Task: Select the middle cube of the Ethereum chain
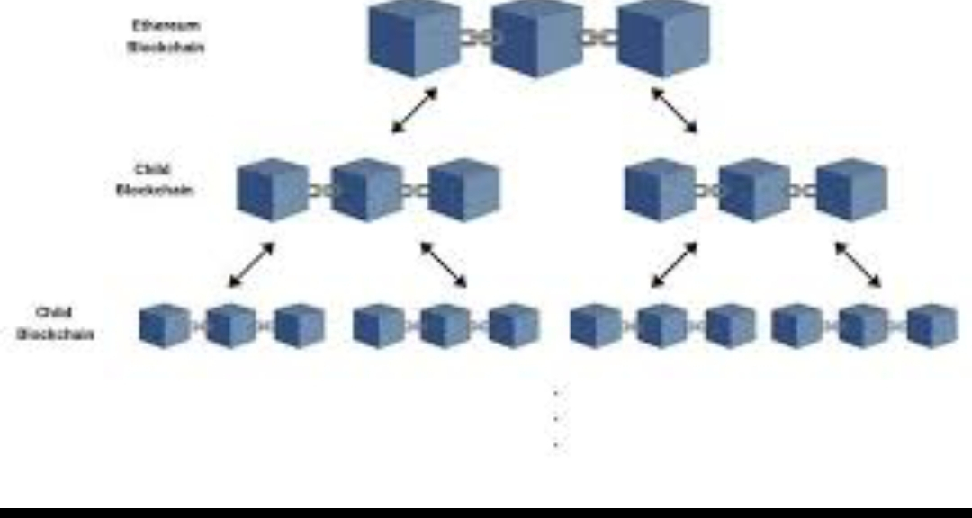[537, 39]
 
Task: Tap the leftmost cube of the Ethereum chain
[415, 39]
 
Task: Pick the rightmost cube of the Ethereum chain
[663, 39]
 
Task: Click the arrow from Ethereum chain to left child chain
[415, 111]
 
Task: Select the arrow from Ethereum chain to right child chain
[674, 110]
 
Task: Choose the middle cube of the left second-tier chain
[366, 190]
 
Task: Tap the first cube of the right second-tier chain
[660, 190]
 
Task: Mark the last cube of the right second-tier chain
[851, 190]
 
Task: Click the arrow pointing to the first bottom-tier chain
[251, 265]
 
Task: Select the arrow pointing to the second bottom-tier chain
[444, 265]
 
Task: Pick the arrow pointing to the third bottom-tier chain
[674, 265]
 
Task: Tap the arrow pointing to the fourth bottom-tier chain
[858, 265]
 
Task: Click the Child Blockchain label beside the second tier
[155, 180]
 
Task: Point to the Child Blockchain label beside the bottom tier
[56, 324]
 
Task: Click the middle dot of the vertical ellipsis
[557, 418]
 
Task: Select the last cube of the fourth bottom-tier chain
[931, 326]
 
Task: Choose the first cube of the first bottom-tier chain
[165, 326]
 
